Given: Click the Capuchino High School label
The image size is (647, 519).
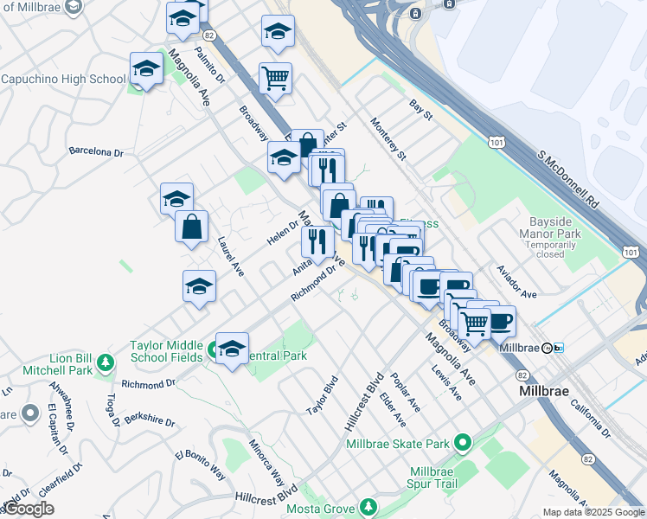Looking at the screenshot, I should pyautogui.click(x=64, y=79).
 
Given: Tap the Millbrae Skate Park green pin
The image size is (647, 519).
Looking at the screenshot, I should pyautogui.click(x=462, y=444).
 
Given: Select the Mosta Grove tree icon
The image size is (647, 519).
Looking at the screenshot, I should pyautogui.click(x=369, y=505).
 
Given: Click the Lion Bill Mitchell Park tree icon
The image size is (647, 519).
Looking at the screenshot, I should pyautogui.click(x=106, y=361).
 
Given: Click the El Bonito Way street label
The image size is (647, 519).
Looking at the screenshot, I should pyautogui.click(x=200, y=465).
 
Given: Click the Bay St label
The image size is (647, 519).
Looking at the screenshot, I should pyautogui.click(x=420, y=110).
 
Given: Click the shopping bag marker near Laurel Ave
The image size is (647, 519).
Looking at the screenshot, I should pyautogui.click(x=191, y=227).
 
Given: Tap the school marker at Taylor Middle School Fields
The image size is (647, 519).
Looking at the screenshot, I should pyautogui.click(x=232, y=349).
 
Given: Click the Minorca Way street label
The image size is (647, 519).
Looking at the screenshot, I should pyautogui.click(x=268, y=462).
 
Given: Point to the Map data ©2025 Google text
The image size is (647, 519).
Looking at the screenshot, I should pyautogui.click(x=593, y=512).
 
